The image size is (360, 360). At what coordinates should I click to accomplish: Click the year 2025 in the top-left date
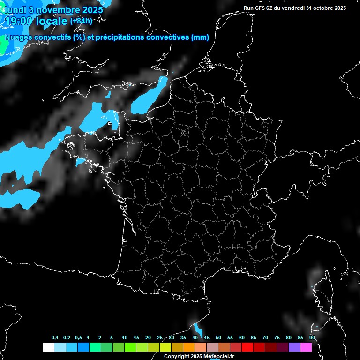click(x=90, y=9)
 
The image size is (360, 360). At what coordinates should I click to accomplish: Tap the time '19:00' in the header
click(x=18, y=21)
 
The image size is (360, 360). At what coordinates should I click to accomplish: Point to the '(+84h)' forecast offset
click(x=81, y=21)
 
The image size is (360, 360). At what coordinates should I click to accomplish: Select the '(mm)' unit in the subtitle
click(x=200, y=37)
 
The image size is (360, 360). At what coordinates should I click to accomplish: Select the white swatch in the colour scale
click(x=48, y=347)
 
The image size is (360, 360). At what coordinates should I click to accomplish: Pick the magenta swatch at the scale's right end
click(x=306, y=347)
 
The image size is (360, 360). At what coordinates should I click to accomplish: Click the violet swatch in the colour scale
click(x=294, y=347)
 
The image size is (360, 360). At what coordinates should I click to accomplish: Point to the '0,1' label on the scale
click(x=55, y=338)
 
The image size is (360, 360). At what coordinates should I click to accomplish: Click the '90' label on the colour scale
click(x=312, y=338)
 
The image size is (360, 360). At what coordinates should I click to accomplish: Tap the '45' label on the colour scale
click(x=206, y=338)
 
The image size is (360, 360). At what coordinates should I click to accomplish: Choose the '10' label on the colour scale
click(x=125, y=338)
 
